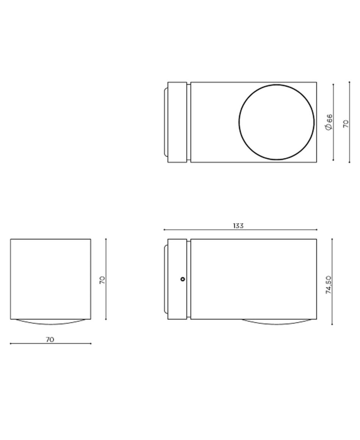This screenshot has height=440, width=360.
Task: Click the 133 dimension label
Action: point(238,226)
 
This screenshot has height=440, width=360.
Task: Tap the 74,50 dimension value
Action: point(329,285)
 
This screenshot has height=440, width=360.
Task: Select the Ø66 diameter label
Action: point(329,122)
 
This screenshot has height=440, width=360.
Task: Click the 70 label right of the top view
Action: point(346,124)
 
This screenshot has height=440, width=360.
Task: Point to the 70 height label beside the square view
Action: point(102,280)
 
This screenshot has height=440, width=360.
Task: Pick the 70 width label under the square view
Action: point(50,339)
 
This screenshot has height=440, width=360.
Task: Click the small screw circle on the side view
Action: point(183,279)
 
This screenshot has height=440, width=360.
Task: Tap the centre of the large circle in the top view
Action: point(277,122)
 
